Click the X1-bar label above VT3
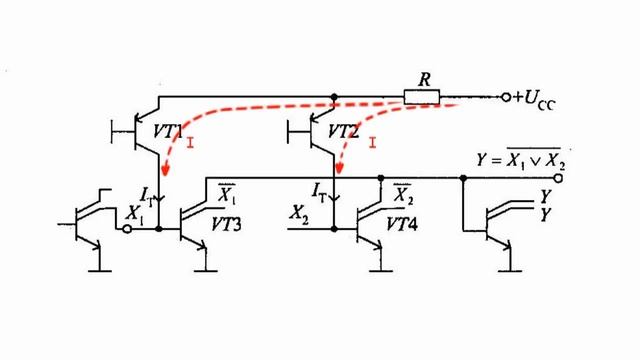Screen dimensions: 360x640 pyautogui.click(x=228, y=190)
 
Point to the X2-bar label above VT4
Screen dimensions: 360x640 pyautogui.click(x=403, y=190)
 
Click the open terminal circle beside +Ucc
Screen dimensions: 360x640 pyautogui.click(x=502, y=97)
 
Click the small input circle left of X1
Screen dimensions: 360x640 pyautogui.click(x=127, y=229)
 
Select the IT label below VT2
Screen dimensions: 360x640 pyautogui.click(x=318, y=188)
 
